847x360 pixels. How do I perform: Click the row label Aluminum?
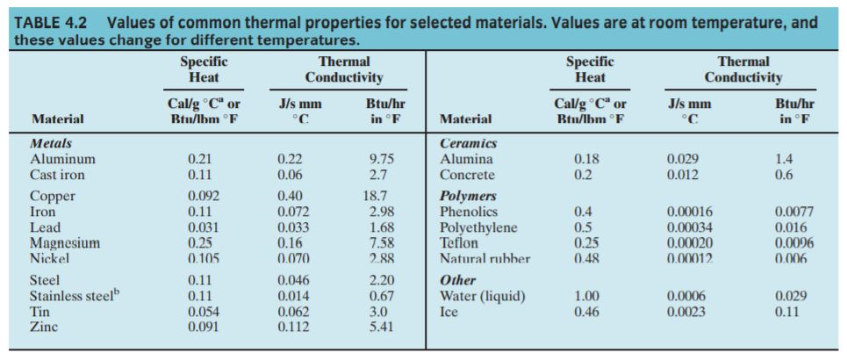[62, 159]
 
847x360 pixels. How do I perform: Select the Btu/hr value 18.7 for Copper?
[377, 196]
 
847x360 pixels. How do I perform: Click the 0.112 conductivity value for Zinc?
[293, 327]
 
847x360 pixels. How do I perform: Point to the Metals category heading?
[51, 143]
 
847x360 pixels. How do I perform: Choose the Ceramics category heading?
[468, 143]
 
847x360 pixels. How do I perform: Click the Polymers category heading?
[468, 196]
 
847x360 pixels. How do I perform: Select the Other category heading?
[457, 280]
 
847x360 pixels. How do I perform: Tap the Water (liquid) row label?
[482, 296]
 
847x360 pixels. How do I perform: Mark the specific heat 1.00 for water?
[586, 296]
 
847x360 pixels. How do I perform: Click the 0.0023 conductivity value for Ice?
[685, 312]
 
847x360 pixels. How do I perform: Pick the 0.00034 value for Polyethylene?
[689, 227]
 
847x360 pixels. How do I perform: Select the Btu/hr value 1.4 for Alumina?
[784, 159]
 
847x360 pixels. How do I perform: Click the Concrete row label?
[467, 175]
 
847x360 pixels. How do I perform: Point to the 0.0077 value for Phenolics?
[794, 212]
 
